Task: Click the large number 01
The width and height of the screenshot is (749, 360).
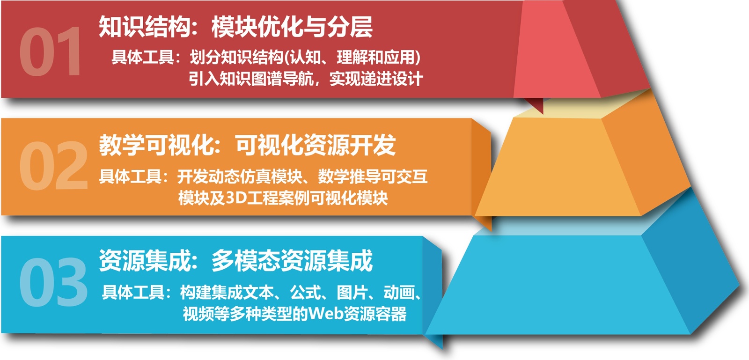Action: pos(50,51)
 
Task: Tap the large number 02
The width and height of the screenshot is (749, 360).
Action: pos(53,166)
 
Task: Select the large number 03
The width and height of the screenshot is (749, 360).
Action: pos(53,282)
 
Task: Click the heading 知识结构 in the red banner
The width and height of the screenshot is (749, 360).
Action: pos(145,27)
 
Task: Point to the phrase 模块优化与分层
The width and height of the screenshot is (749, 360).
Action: pos(292,27)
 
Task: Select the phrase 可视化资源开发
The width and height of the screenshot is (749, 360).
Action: pos(316,145)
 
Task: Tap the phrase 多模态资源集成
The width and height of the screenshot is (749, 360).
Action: pos(292,261)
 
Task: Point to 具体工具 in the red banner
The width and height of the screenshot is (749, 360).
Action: pos(143,57)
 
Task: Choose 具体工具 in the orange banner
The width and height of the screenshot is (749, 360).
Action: pos(131,176)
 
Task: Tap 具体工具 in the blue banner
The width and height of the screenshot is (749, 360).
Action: pos(133,292)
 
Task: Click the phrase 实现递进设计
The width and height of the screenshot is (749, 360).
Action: pos(376,79)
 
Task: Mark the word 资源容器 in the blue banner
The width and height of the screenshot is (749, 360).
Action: pos(375,314)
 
